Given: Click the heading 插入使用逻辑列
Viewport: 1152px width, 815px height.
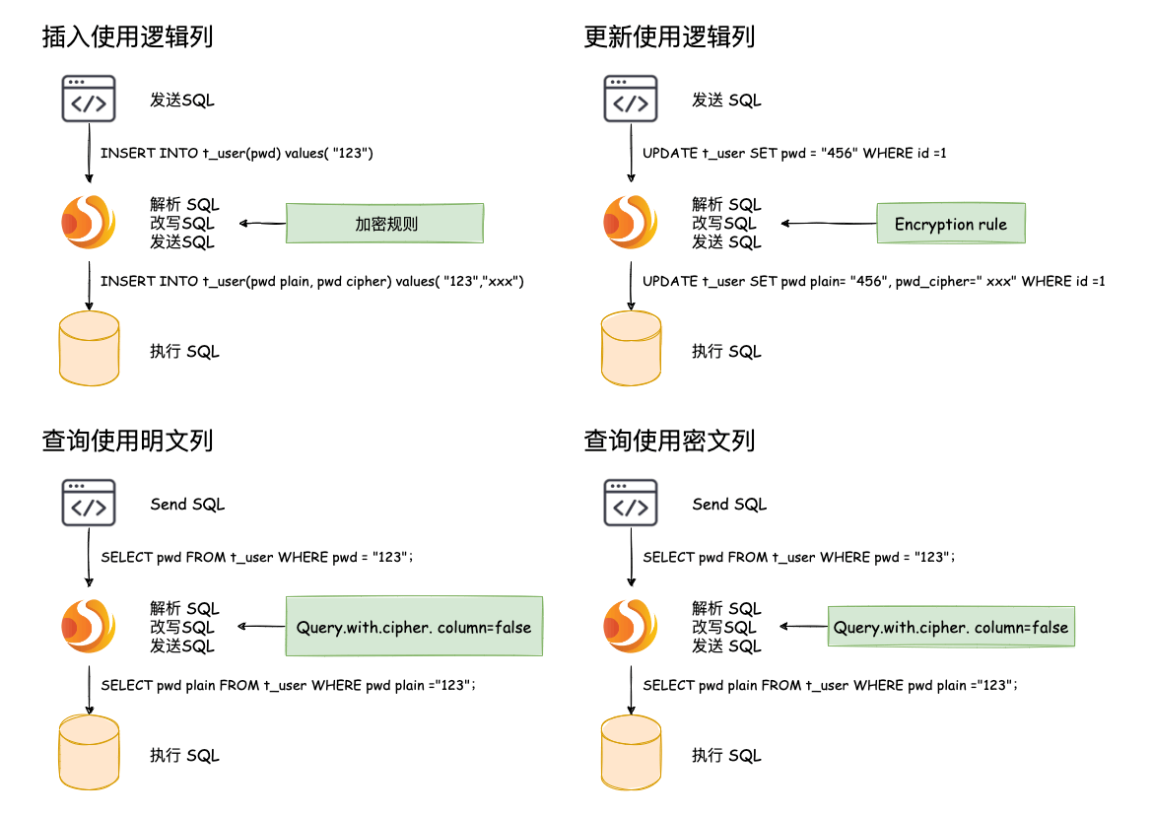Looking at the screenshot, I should (128, 37).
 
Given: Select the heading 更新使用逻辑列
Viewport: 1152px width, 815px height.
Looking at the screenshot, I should (669, 37).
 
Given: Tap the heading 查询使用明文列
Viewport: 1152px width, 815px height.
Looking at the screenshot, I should (128, 441).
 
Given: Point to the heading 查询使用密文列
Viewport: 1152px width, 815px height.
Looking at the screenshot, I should (669, 441).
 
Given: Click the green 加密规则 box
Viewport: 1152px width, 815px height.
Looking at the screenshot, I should (385, 224).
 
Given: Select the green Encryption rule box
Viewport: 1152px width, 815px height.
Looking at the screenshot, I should (951, 224).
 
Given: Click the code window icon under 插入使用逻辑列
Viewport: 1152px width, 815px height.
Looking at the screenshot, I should (89, 99).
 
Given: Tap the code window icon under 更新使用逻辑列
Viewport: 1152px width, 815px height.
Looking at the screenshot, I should (631, 99).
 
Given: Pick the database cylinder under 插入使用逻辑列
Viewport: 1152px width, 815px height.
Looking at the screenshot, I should (90, 349).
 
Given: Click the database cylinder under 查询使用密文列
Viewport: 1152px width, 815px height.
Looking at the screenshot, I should (631, 753).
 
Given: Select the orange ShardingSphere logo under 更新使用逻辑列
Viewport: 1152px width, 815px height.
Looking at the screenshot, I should (631, 223).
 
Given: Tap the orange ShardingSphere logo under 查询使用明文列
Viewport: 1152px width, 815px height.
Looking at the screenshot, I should (89, 626).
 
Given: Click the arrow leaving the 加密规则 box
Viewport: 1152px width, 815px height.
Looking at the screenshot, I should (262, 224).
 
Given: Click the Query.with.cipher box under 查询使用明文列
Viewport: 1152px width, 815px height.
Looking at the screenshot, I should (414, 627).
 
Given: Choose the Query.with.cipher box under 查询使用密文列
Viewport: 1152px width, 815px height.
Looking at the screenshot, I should (951, 627).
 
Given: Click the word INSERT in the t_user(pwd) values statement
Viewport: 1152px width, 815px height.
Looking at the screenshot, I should (124, 154).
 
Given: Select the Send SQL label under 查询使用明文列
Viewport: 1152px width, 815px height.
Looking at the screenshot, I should (187, 505).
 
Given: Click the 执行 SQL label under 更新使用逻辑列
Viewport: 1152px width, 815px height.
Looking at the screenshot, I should (726, 352).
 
